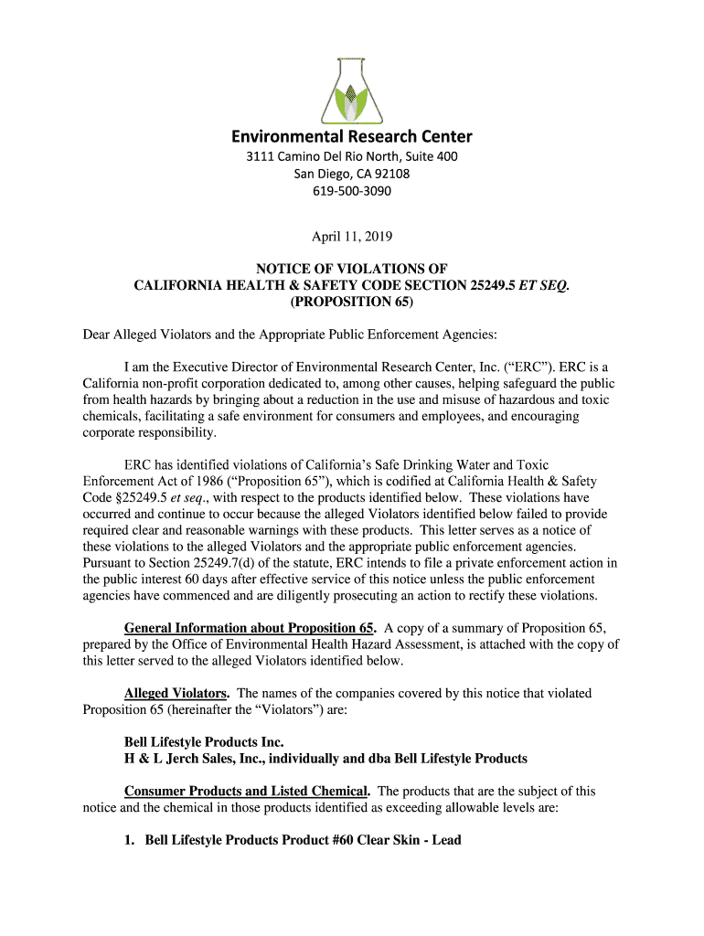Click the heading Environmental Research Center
(352, 137)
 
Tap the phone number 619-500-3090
(352, 191)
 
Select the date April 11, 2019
(352, 237)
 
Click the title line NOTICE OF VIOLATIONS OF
(352, 269)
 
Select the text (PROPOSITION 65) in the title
(352, 302)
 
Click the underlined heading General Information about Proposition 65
(250, 629)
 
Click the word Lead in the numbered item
(443, 840)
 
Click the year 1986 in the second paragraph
(200, 481)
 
